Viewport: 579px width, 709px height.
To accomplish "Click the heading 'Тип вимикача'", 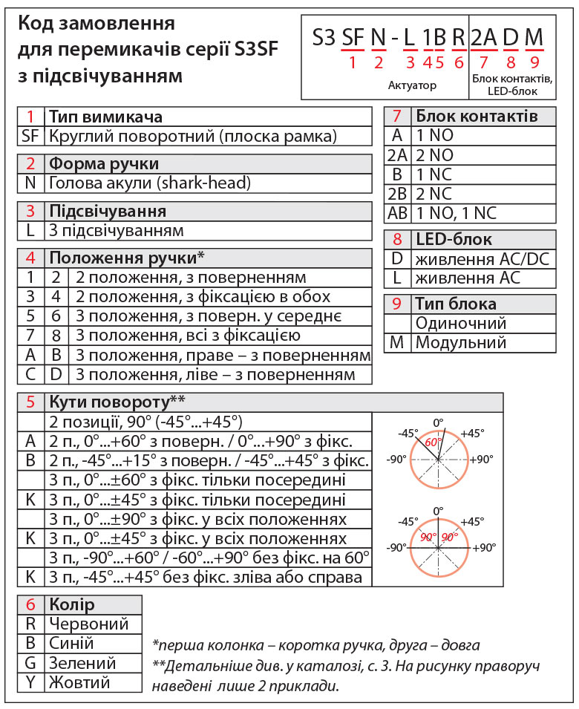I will [x=105, y=117].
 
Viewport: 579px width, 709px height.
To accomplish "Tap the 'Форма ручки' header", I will [x=103, y=164].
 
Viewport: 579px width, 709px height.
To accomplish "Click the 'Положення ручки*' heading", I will [x=126, y=258].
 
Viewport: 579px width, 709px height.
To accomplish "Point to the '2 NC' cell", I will [x=434, y=194].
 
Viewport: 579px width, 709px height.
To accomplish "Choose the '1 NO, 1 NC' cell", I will [x=456, y=213].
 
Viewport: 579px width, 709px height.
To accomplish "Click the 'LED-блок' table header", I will [x=453, y=240].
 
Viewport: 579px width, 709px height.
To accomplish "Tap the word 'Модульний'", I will [x=460, y=342].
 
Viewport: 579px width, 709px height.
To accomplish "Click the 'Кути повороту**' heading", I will [x=117, y=402].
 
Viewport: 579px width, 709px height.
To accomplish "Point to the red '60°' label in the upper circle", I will [x=433, y=442].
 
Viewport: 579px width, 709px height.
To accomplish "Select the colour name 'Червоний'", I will [x=88, y=624].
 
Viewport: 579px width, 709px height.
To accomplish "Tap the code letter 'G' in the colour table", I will [x=30, y=662].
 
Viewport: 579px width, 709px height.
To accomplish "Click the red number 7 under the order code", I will [x=484, y=62].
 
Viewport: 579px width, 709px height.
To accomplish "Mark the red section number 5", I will [x=30, y=402].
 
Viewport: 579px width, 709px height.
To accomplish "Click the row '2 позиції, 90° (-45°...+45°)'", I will [x=145, y=422].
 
